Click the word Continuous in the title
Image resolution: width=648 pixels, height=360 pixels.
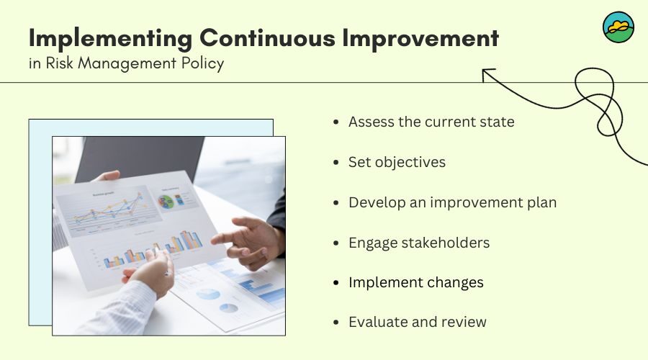click(x=267, y=37)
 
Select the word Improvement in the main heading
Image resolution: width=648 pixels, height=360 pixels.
click(x=420, y=38)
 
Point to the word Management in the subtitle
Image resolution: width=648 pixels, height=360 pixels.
click(x=127, y=63)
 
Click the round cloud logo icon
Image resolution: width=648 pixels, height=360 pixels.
click(x=618, y=27)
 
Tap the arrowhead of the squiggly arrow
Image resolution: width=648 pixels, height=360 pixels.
click(x=487, y=74)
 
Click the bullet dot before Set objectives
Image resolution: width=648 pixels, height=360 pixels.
click(x=336, y=163)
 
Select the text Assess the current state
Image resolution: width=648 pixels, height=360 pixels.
click(x=431, y=122)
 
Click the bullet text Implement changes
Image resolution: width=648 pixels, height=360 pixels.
click(x=415, y=283)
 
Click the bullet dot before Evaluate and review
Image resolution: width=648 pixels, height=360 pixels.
click(x=336, y=323)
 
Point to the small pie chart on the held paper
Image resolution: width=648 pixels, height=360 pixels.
click(x=166, y=202)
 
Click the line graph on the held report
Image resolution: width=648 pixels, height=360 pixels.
click(x=108, y=212)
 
